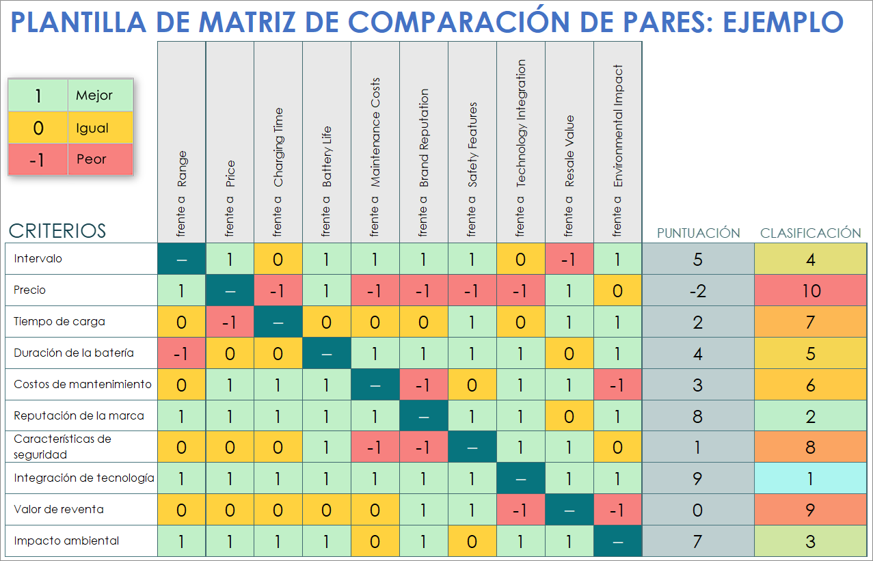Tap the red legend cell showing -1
(x=38, y=159)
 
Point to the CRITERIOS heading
(x=57, y=230)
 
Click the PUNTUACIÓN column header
(x=698, y=233)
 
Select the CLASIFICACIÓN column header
(x=810, y=233)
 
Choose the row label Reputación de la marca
(x=79, y=415)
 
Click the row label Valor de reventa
(x=58, y=509)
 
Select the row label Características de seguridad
(x=62, y=446)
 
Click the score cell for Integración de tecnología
(x=698, y=478)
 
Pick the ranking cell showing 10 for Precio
(x=810, y=290)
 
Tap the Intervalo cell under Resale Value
(x=569, y=259)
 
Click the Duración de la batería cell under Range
(x=181, y=353)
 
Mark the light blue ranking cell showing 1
(x=810, y=478)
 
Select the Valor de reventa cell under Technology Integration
(x=521, y=510)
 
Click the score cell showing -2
(x=698, y=290)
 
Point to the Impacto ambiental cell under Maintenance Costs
(x=375, y=541)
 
